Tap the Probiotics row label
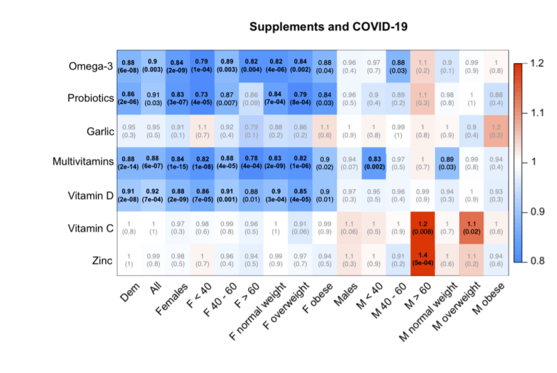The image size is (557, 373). (x=91, y=99)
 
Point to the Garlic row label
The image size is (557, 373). (x=100, y=131)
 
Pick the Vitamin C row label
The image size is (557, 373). (x=91, y=228)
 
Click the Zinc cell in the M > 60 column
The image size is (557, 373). (x=423, y=261)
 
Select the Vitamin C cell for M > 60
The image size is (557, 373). (x=423, y=228)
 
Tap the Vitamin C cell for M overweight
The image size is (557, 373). (x=472, y=228)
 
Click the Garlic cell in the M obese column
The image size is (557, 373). (x=496, y=131)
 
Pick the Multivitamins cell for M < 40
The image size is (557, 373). (x=374, y=163)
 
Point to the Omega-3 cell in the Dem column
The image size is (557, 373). (x=129, y=66)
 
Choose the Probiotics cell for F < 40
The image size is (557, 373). (x=202, y=99)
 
